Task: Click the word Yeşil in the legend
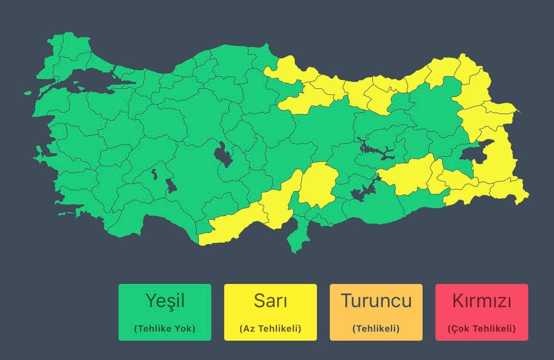(x=165, y=301)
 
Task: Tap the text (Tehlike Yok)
(x=164, y=328)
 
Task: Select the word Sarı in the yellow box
(x=270, y=301)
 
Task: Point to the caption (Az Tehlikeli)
(x=270, y=328)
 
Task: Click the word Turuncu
(x=376, y=301)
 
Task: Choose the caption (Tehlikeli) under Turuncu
(x=376, y=328)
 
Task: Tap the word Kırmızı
(x=481, y=301)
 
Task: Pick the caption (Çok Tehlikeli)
(x=481, y=328)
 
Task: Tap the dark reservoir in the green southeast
(x=362, y=191)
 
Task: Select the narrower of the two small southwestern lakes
(x=154, y=174)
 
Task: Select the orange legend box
(x=376, y=312)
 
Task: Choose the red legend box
(x=481, y=312)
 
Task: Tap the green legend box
(x=164, y=312)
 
